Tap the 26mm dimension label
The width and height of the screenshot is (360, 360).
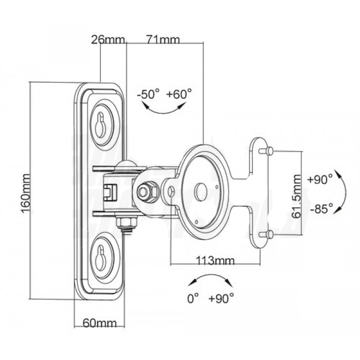[103, 39]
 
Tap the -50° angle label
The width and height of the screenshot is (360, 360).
[149, 94]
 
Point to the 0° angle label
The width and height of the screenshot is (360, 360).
[194, 298]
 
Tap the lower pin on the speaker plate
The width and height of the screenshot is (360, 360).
[269, 235]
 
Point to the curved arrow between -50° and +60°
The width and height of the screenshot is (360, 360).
[164, 107]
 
